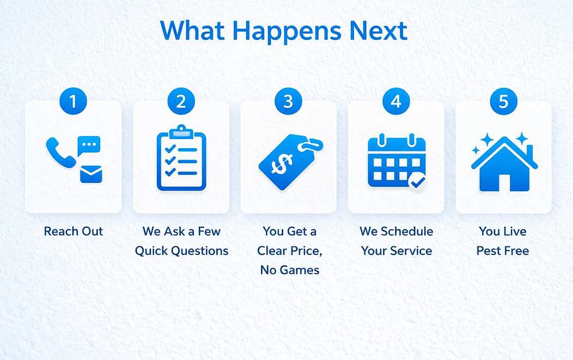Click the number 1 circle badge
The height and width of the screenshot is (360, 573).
(73, 101)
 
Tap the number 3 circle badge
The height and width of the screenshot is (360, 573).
(288, 101)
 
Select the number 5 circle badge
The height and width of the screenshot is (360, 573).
(504, 101)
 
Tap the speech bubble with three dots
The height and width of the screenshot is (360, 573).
(89, 145)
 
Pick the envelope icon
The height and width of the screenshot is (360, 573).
(91, 174)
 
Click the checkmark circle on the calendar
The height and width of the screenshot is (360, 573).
(417, 181)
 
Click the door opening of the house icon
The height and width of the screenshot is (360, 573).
(504, 183)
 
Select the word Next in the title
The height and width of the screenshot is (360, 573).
(378, 30)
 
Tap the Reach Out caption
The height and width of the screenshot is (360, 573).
(74, 231)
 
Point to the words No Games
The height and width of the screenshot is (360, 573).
(290, 270)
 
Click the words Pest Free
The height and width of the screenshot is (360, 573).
(503, 251)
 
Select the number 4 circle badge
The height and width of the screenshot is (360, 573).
(396, 101)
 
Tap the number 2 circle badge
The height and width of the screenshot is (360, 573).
(181, 101)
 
